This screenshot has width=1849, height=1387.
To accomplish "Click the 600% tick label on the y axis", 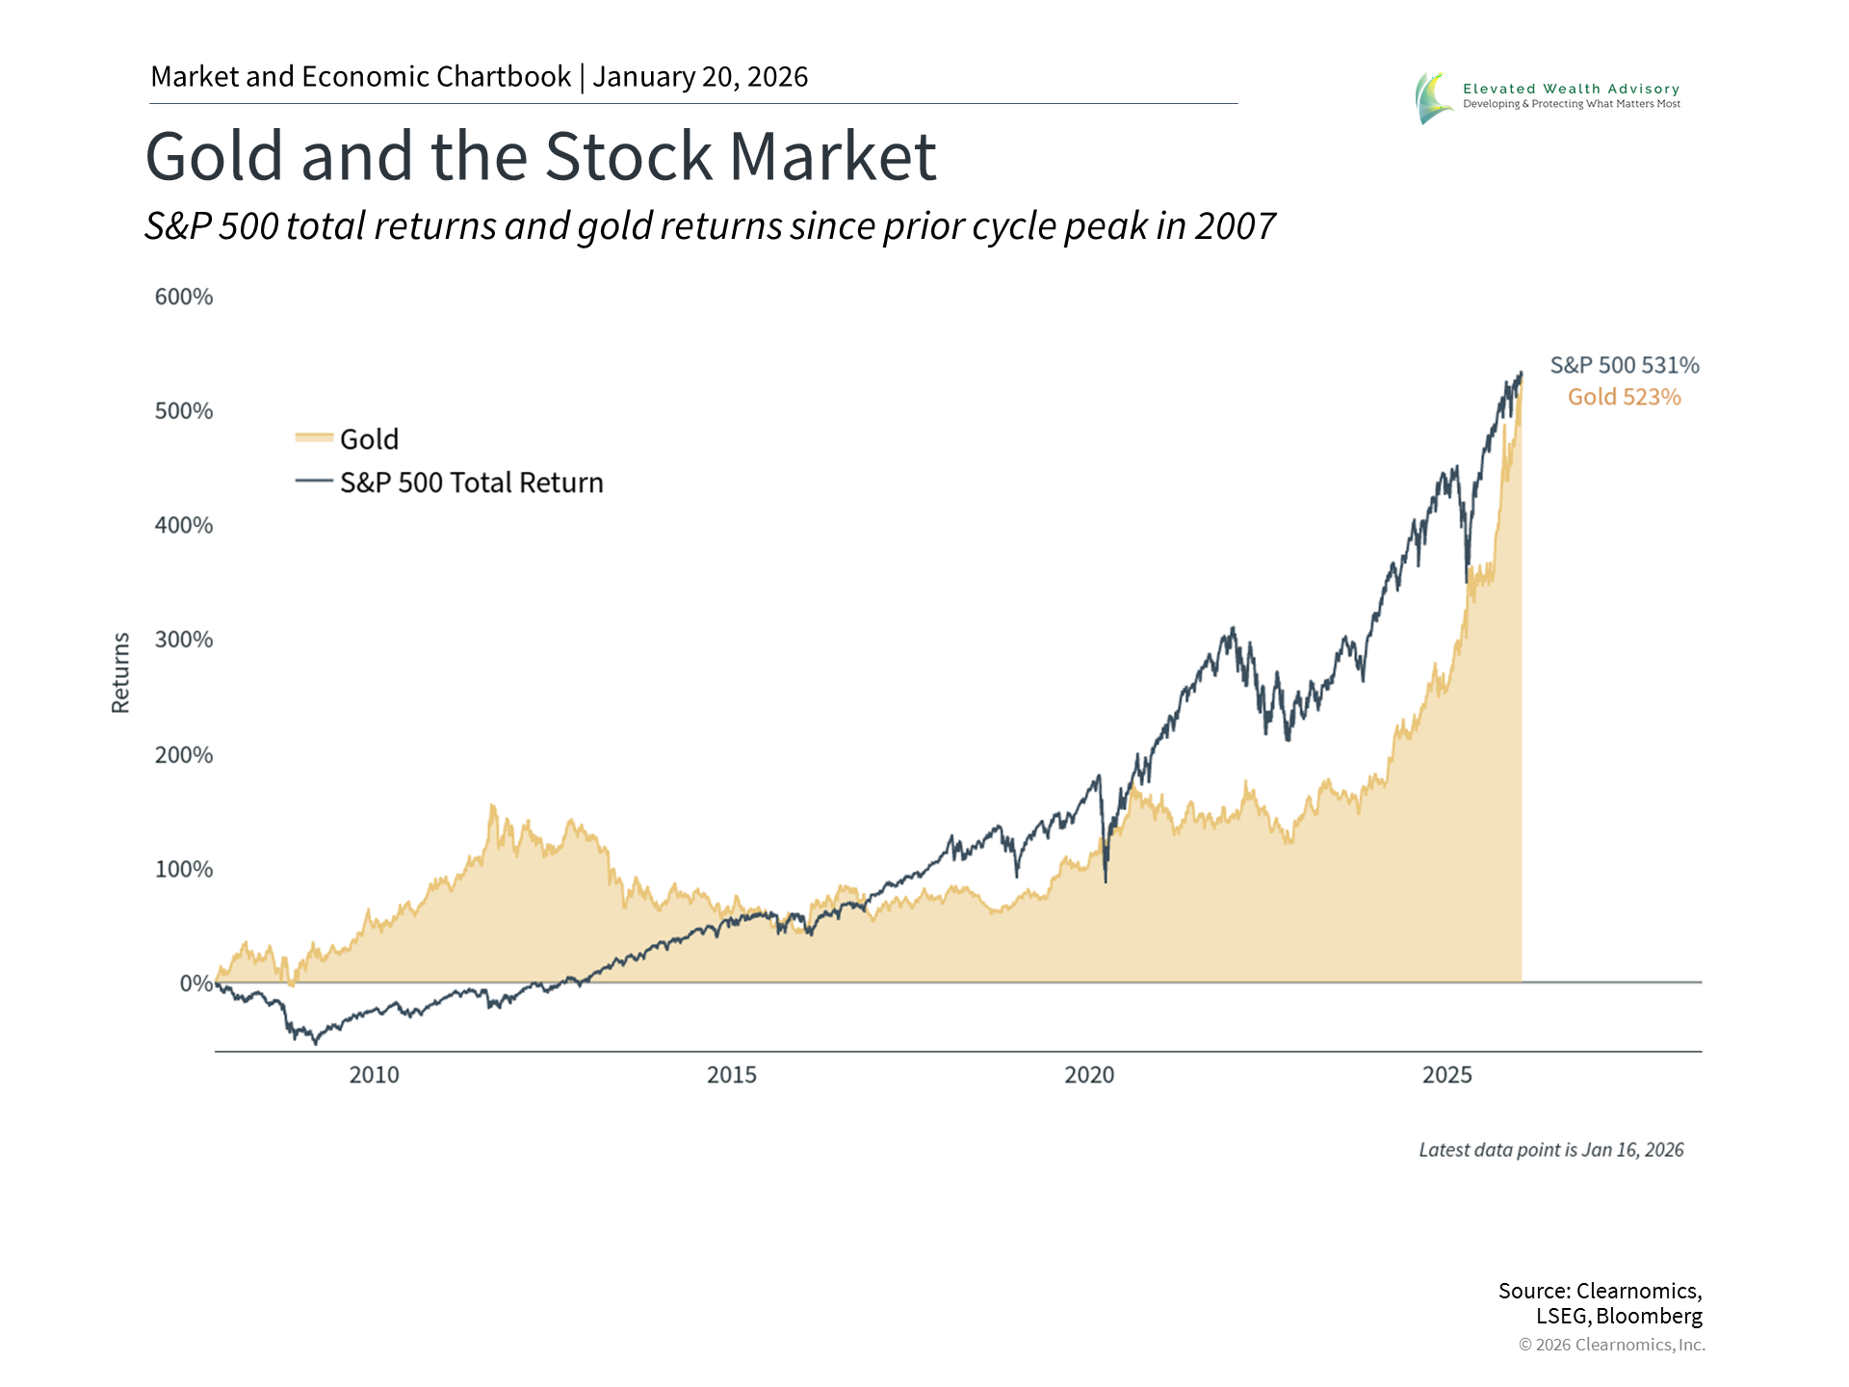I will point(184,297).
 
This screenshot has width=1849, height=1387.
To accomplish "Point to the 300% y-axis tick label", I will point(184,640).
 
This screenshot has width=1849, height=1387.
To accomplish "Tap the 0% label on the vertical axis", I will point(195,983).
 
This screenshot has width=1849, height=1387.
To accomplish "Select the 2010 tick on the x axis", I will point(374,1075).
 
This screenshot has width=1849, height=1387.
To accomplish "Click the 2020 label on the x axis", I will point(1089,1075).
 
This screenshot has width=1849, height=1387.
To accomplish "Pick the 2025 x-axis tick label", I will point(1446,1075).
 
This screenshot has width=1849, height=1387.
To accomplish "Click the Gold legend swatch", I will point(314,438).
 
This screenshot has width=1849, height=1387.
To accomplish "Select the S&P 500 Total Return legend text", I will point(471,483).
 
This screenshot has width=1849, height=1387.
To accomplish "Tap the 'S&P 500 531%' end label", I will point(1625,365).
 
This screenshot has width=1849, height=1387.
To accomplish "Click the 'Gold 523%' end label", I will point(1625,397).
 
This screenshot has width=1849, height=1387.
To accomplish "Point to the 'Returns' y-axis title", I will point(120,672).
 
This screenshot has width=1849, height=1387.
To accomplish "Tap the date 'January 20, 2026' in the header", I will point(700,77).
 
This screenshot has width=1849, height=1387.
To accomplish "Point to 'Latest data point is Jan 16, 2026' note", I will point(1550,1150).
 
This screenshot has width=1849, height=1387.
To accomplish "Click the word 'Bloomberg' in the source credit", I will point(1649,1317).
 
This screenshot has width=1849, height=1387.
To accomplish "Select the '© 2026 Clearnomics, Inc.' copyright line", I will point(1611,1345).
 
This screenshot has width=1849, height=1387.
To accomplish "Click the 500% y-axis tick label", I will point(184,411).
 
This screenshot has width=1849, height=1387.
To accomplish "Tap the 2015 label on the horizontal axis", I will point(732,1075).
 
